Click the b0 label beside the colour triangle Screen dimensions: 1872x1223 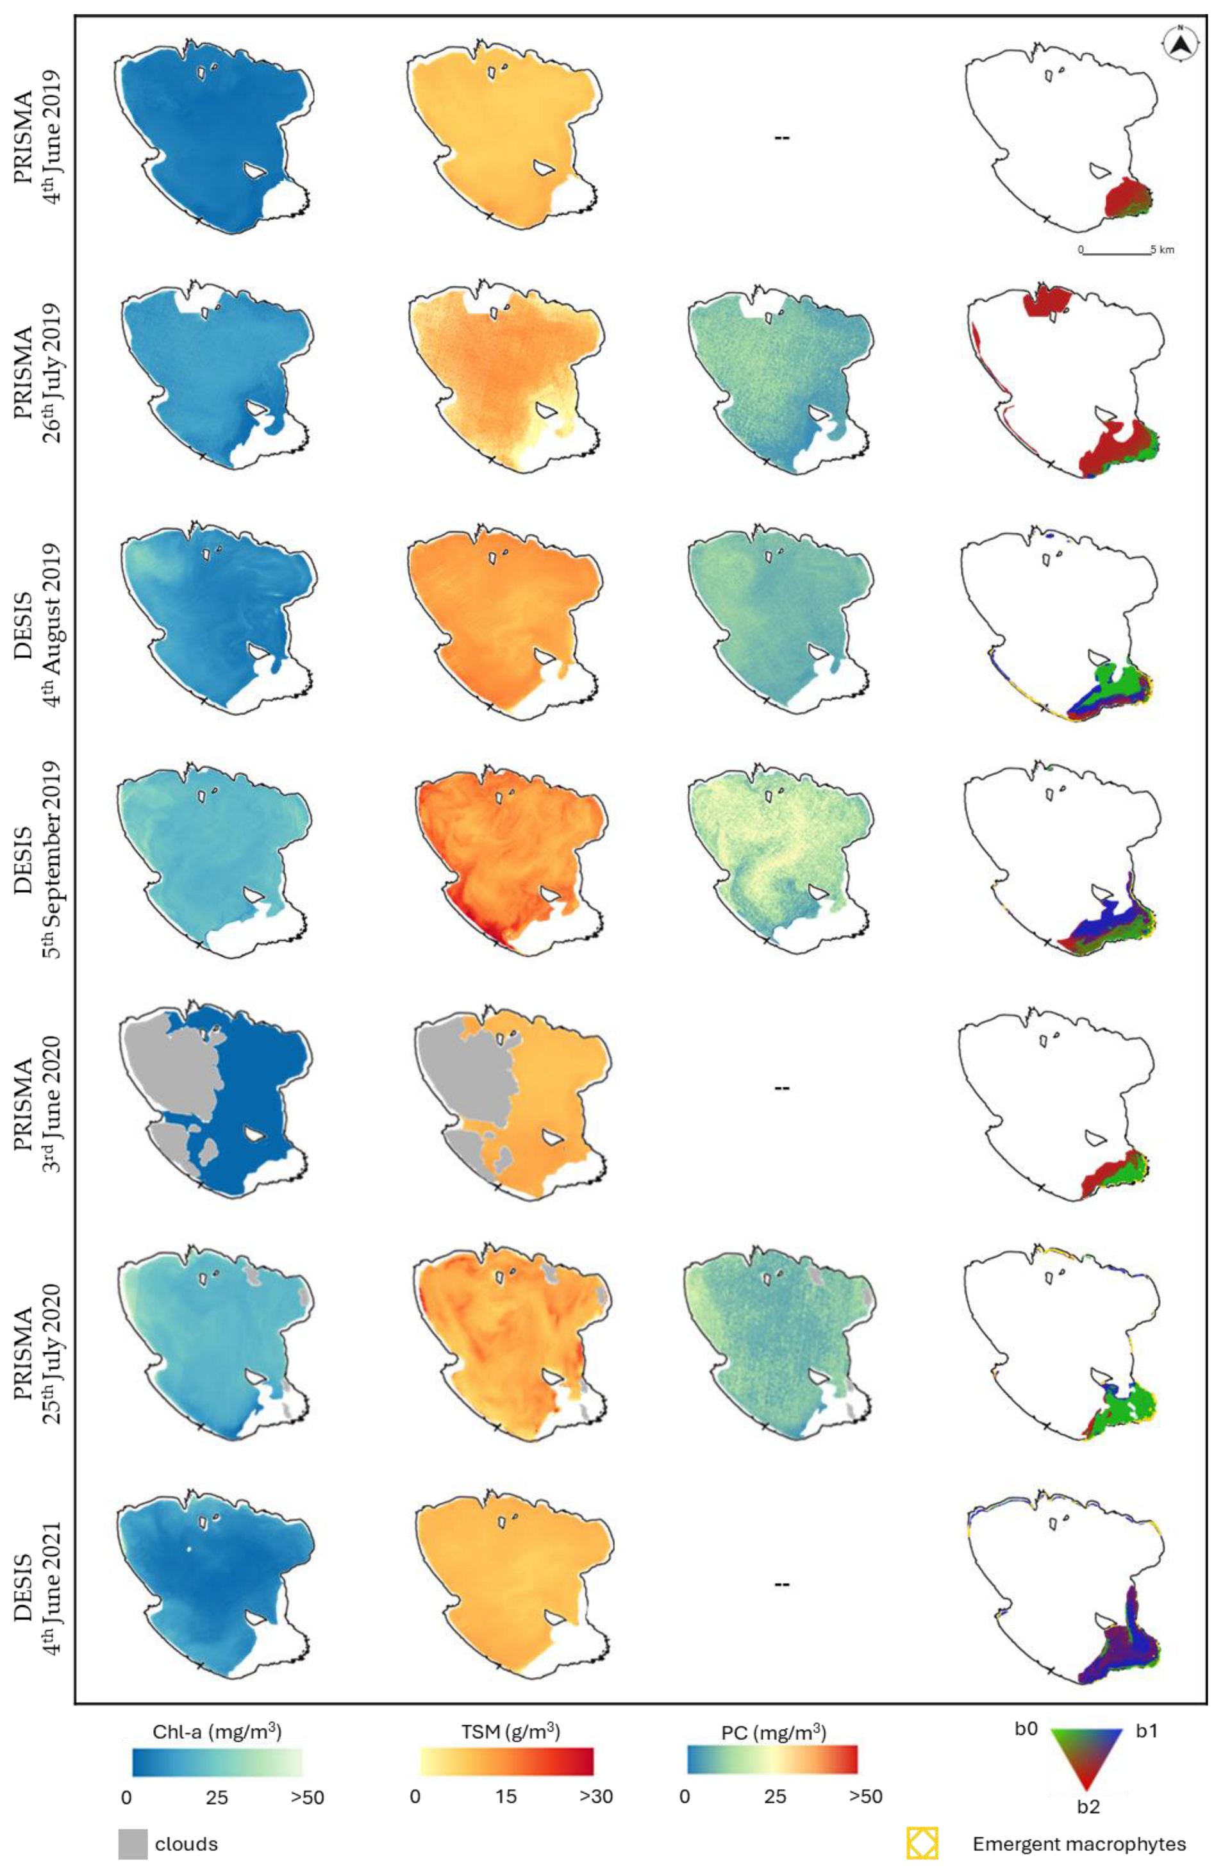click(1026, 1730)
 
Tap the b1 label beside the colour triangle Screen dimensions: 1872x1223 click(1146, 1731)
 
